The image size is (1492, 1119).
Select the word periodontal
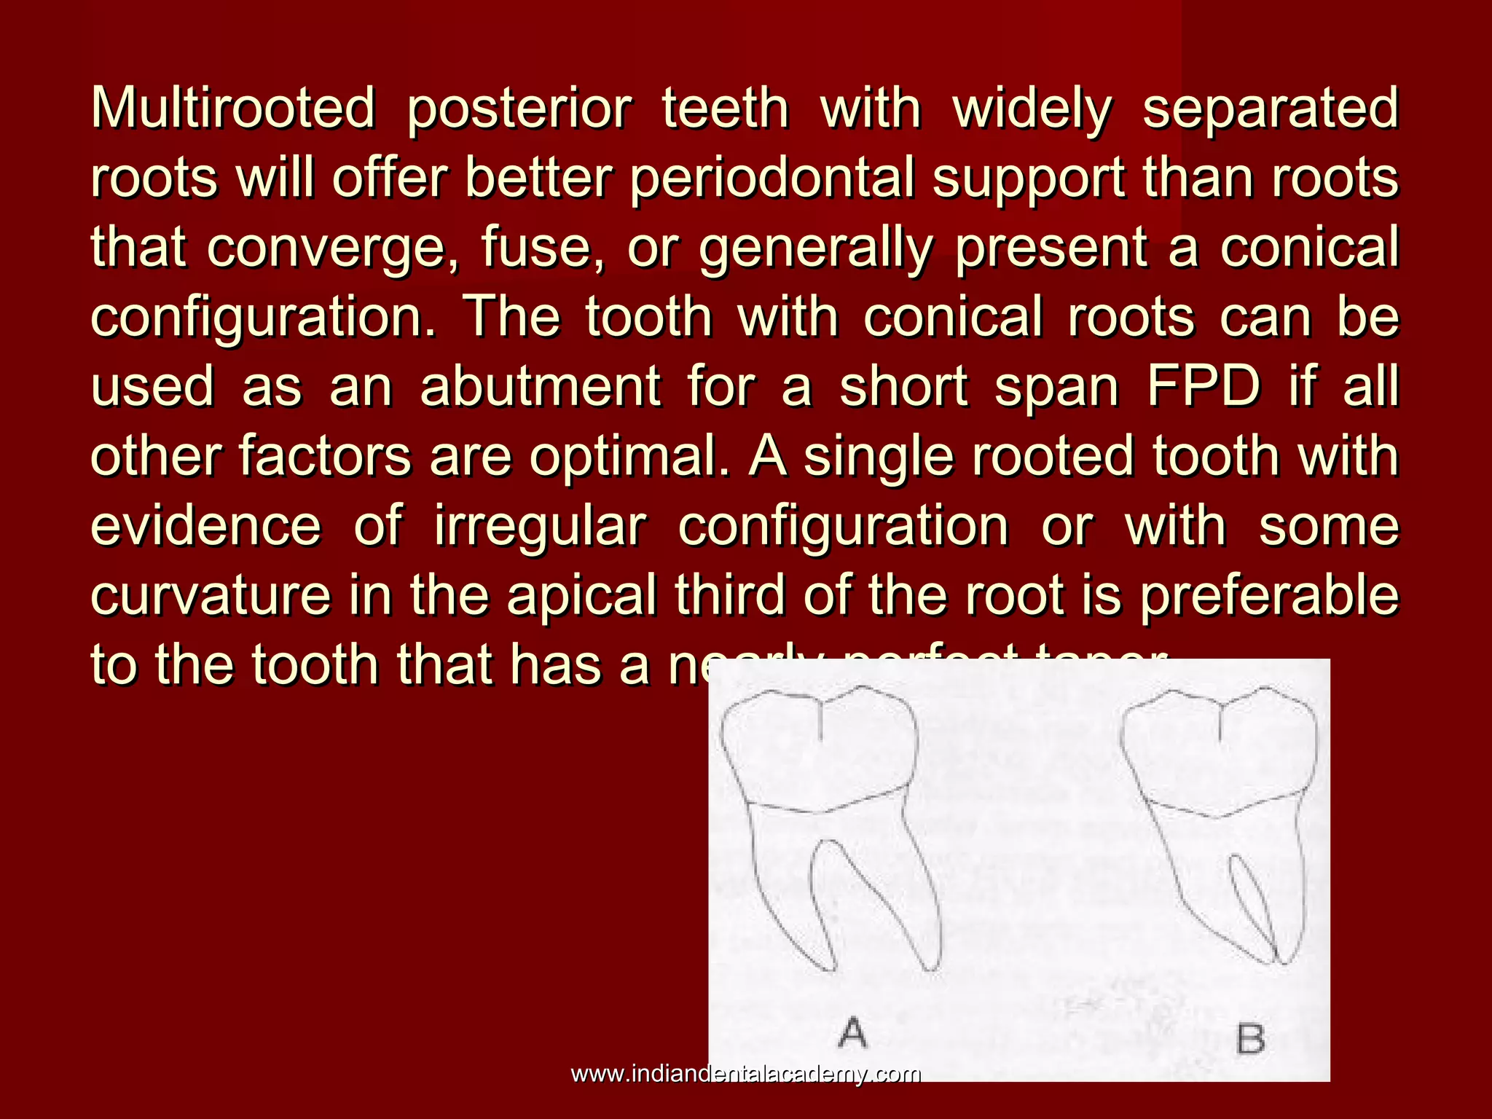(771, 178)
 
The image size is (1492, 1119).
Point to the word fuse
(542, 248)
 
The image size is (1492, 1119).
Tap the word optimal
(629, 458)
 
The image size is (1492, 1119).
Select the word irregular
(540, 526)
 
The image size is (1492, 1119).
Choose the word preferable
(1269, 595)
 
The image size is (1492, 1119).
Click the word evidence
(206, 526)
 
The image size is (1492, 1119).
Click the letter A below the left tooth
(852, 1032)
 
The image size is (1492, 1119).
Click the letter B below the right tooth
(1250, 1039)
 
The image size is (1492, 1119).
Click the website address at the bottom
(746, 1074)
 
